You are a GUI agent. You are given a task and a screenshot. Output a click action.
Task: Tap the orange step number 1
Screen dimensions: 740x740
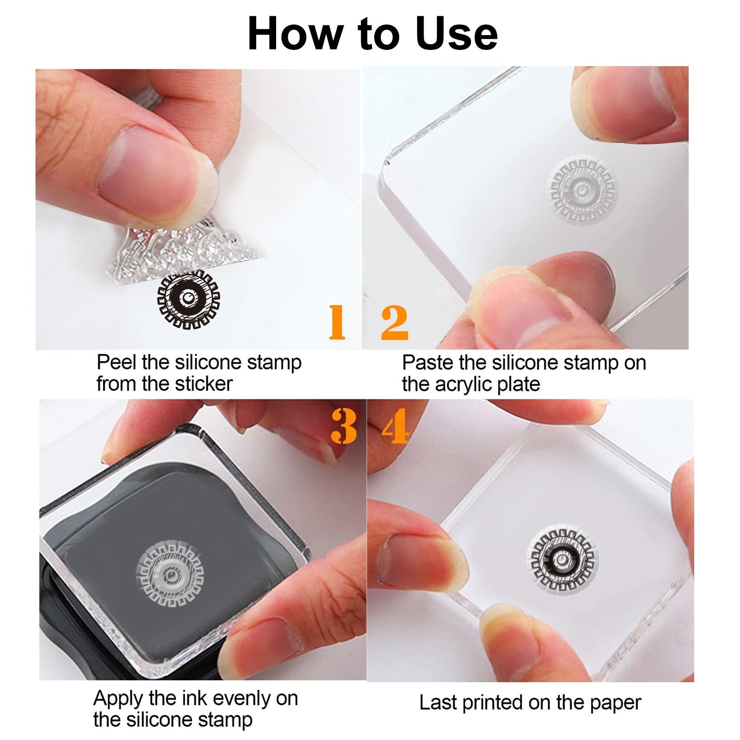tap(337, 322)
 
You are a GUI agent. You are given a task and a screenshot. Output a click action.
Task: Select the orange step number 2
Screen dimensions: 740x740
tap(395, 322)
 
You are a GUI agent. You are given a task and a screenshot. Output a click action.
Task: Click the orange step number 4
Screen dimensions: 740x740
tap(396, 426)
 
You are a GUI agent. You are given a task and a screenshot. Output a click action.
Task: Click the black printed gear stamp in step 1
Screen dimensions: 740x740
tap(188, 299)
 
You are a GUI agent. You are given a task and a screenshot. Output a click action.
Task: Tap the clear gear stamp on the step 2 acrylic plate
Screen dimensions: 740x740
tap(582, 190)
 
